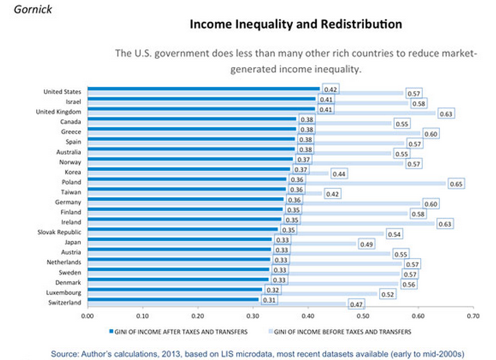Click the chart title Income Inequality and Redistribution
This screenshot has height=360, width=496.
(x=296, y=25)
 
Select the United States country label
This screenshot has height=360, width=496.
(x=63, y=91)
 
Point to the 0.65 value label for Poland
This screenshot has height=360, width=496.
(x=456, y=184)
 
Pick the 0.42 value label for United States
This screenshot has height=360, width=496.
(x=330, y=90)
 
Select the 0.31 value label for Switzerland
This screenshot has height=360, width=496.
(x=270, y=300)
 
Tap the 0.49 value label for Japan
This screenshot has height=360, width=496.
(x=366, y=244)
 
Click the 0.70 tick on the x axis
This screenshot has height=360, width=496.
(x=472, y=317)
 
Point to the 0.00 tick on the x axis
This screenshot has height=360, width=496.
(x=87, y=317)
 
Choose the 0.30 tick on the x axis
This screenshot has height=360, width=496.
(x=252, y=317)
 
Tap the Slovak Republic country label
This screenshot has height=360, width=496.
(x=60, y=232)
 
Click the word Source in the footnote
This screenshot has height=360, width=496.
(x=66, y=353)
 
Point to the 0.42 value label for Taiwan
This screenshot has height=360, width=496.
(x=332, y=194)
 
